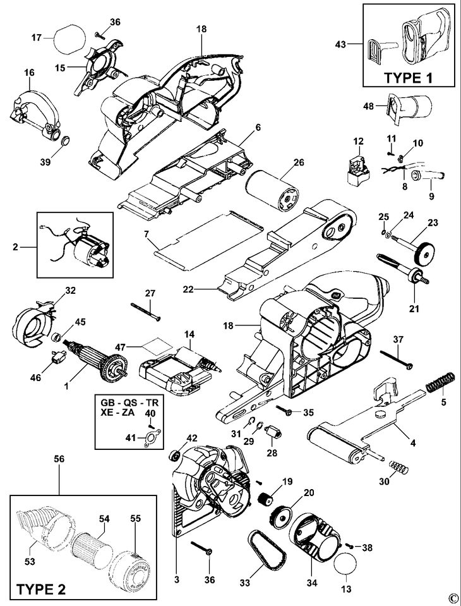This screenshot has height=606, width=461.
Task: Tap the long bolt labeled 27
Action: pos(146,309)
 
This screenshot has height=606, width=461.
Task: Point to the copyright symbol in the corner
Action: pos(452,597)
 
